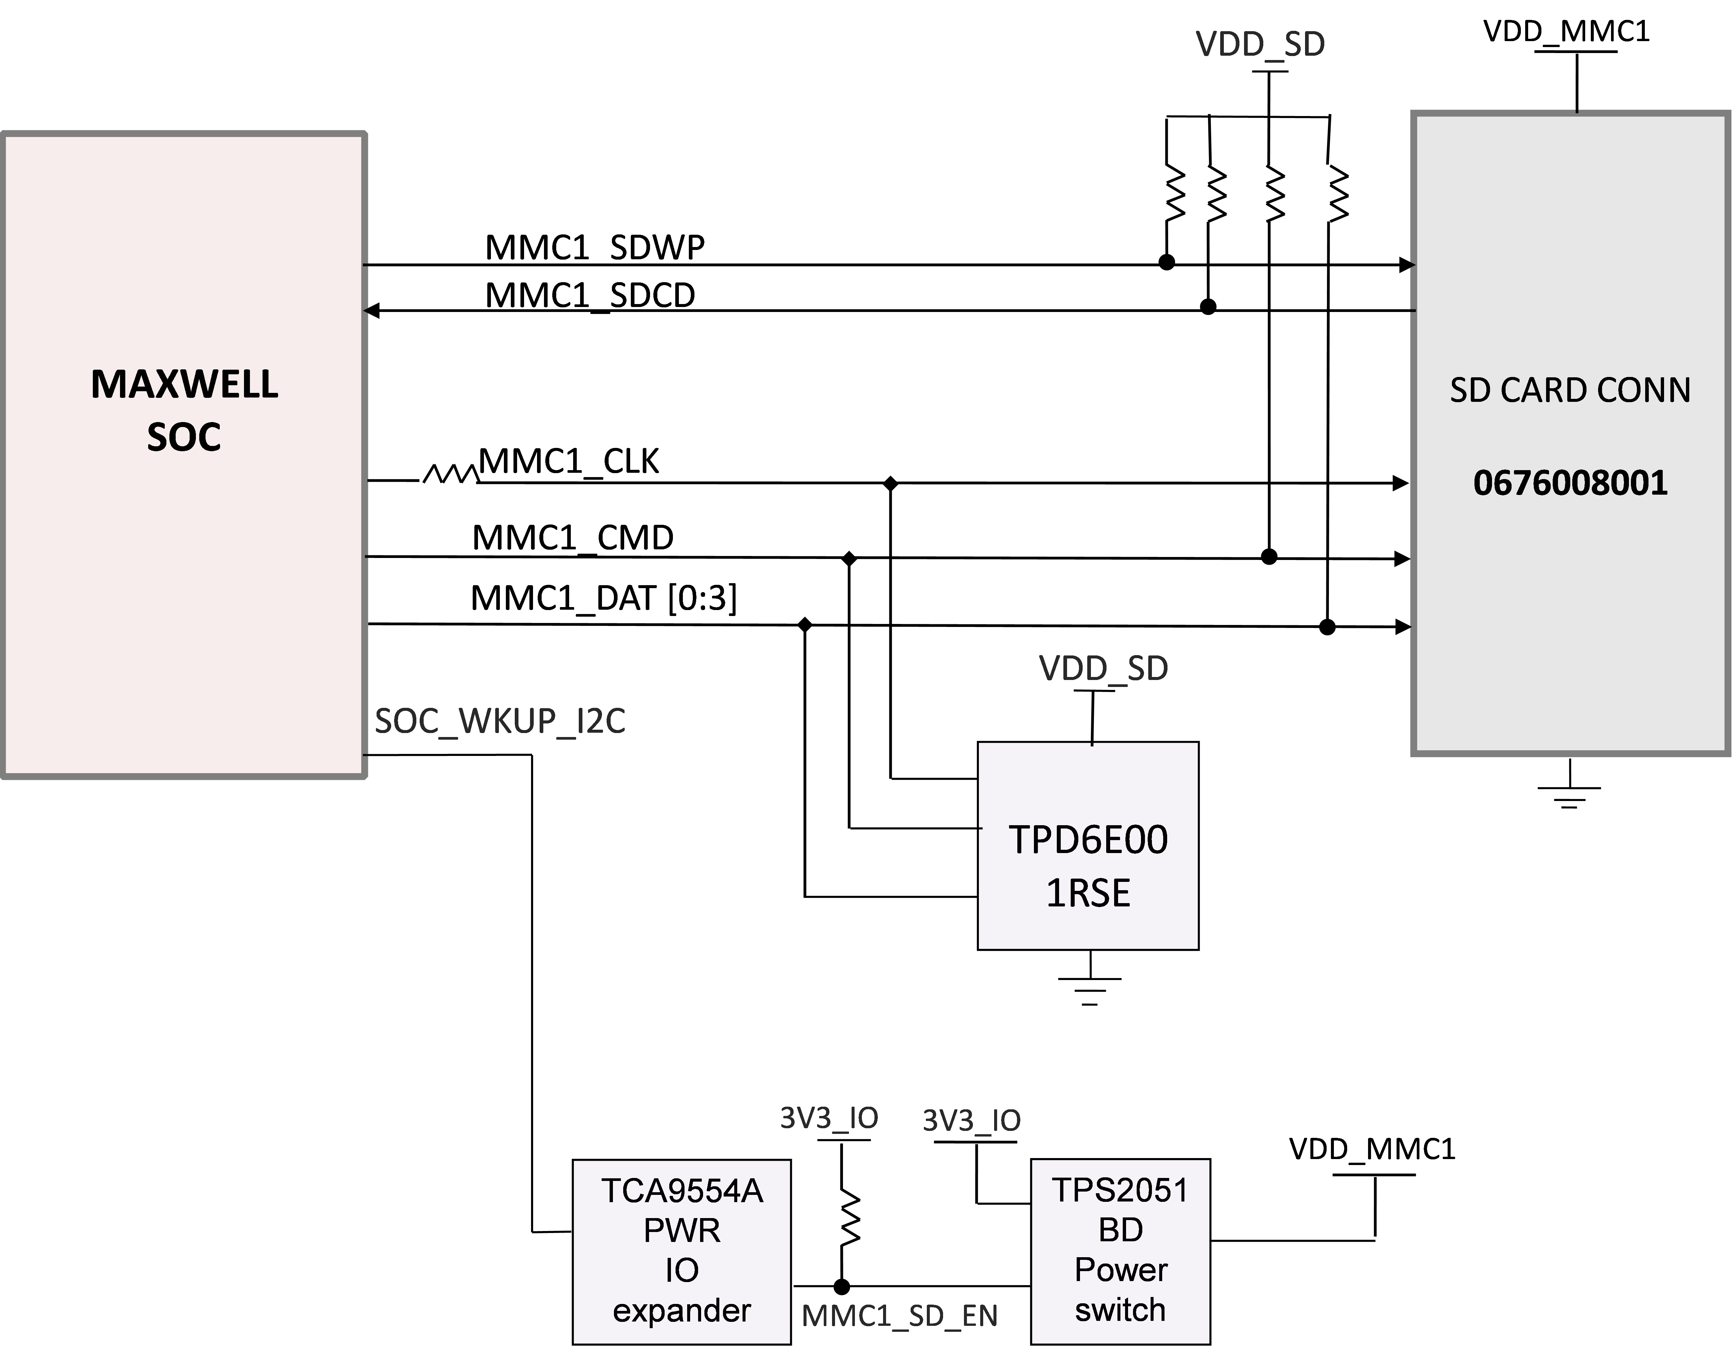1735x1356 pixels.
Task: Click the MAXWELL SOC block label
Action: coord(184,411)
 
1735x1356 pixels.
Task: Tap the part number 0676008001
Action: coord(1570,483)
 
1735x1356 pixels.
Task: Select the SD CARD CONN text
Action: coord(1570,390)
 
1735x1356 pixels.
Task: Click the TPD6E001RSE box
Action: coord(1088,846)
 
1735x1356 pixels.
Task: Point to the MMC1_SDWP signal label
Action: coord(594,248)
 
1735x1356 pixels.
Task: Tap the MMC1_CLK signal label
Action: coord(569,462)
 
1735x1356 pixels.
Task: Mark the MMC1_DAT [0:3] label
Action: coord(604,598)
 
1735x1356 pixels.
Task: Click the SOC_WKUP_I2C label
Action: coord(500,721)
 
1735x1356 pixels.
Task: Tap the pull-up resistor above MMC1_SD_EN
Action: coord(849,1216)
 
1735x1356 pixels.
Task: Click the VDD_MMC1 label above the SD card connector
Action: coord(1566,32)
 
